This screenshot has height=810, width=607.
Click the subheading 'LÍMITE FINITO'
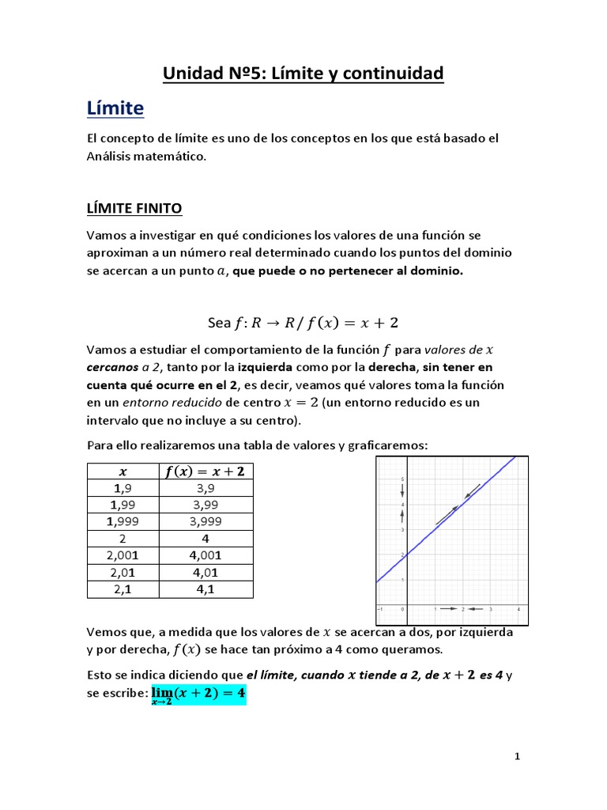pyautogui.click(x=134, y=208)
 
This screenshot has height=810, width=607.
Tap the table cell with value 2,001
pyautogui.click(x=123, y=555)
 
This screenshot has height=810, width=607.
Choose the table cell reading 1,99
pyautogui.click(x=123, y=505)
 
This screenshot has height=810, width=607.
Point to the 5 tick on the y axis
pyautogui.click(x=403, y=479)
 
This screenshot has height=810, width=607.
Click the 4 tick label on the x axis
pyautogui.click(x=518, y=609)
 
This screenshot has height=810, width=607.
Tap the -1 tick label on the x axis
pyautogui.click(x=380, y=609)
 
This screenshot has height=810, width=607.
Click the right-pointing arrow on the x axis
pyautogui.click(x=448, y=608)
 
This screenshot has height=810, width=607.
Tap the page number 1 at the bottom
pyautogui.click(x=517, y=757)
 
